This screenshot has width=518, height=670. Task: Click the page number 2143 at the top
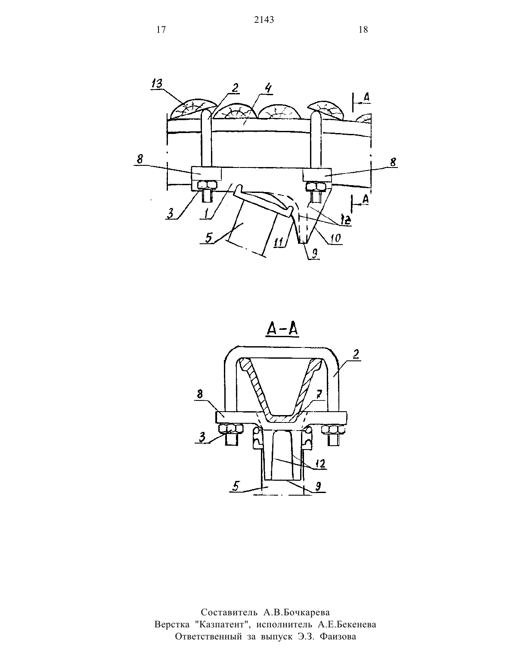[x=264, y=20]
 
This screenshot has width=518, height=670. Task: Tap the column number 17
[x=161, y=30]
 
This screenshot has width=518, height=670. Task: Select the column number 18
[x=363, y=30]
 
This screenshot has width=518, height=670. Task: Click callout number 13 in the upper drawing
[x=157, y=84]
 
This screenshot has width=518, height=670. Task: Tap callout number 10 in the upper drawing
[x=336, y=238]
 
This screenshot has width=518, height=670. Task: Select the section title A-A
[x=282, y=330]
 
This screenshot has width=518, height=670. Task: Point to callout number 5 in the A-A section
[x=236, y=486]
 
